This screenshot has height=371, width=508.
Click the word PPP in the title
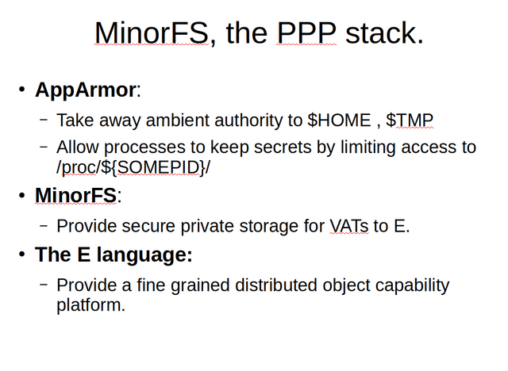tap(306, 33)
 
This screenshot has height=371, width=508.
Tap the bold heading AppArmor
tap(86, 90)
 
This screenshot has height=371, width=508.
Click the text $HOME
tap(339, 120)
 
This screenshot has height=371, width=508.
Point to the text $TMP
tap(410, 120)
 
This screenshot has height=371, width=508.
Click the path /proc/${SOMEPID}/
tap(133, 167)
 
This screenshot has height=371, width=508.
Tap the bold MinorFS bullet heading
tap(75, 195)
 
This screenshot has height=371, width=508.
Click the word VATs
tap(349, 226)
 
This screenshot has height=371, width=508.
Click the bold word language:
tap(144, 255)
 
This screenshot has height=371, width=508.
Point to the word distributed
tap(275, 285)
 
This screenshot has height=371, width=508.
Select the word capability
tap(412, 285)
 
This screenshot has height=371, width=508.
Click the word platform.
tap(90, 305)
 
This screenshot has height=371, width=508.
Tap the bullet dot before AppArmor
tap(21, 89)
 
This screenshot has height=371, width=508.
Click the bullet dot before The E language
tap(21, 254)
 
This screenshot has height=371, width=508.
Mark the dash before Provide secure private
tap(44, 225)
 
